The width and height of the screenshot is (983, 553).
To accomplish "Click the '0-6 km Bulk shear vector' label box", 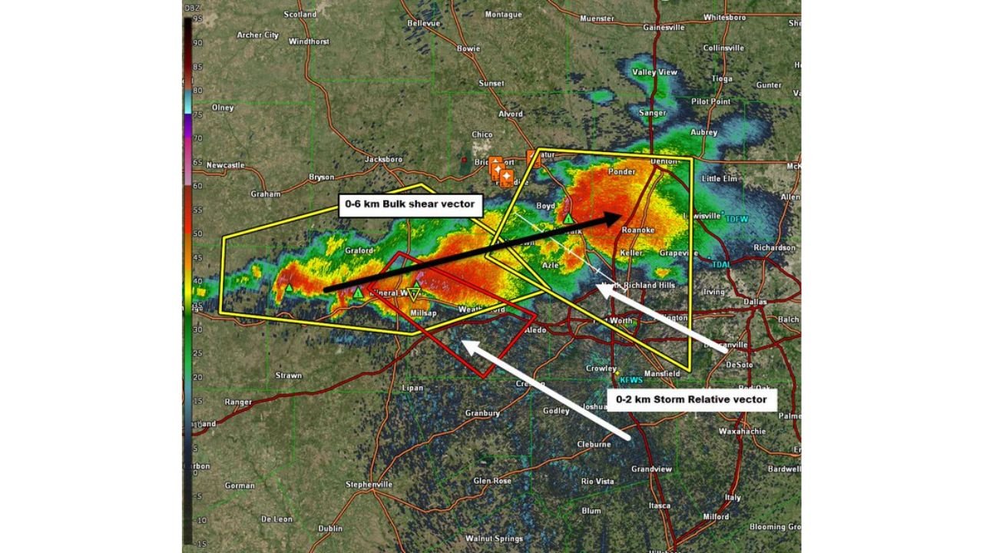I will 411,205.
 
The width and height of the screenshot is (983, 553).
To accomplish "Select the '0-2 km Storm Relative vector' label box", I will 691,399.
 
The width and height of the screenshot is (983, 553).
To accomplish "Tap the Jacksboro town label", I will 383,159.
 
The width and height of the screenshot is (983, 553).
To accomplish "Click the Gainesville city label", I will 664,28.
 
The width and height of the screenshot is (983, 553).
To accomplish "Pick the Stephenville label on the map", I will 369,485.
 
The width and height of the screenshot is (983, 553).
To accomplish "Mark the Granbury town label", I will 482,413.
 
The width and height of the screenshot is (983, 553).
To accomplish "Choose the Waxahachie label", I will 742,432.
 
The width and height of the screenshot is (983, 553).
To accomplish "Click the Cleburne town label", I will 594,444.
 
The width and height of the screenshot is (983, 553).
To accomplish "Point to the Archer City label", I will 257,35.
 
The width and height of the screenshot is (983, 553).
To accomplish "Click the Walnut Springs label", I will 494,538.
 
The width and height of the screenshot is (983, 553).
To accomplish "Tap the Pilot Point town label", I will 710,101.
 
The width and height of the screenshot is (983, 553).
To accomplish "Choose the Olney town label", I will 223,108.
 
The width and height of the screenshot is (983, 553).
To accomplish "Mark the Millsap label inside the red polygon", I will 423,313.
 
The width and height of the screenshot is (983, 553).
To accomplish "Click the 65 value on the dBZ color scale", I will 197,162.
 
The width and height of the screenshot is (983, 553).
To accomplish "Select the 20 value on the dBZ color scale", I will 197,377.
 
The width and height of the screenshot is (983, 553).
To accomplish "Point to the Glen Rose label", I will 492,481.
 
